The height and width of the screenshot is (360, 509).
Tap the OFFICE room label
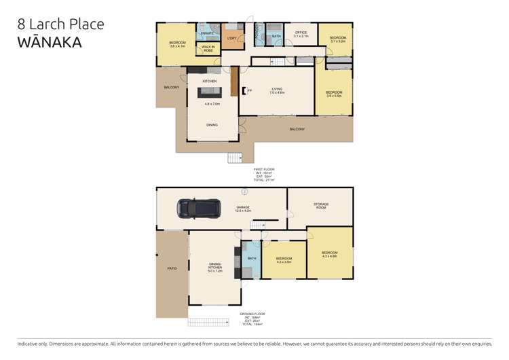point(301,33)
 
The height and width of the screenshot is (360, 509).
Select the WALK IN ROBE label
point(208,49)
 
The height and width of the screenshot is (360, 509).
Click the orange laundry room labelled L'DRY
point(231,39)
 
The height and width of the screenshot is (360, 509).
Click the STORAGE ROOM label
point(320,205)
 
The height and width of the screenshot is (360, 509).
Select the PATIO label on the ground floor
point(172,269)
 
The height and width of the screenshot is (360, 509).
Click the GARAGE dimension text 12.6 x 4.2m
point(243,211)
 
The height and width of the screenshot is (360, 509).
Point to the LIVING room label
point(277,89)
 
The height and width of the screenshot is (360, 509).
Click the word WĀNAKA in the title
point(49,42)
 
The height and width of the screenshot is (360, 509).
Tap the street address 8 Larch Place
point(60,24)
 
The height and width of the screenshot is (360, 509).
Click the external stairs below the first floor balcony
point(234,158)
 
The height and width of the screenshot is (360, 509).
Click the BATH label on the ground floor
point(252,259)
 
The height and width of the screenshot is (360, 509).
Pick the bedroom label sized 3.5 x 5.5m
point(333,94)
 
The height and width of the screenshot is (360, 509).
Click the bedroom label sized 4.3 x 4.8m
point(329,255)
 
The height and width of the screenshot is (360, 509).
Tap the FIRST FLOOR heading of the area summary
point(264,169)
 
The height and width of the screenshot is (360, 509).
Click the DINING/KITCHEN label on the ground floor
point(214,267)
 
